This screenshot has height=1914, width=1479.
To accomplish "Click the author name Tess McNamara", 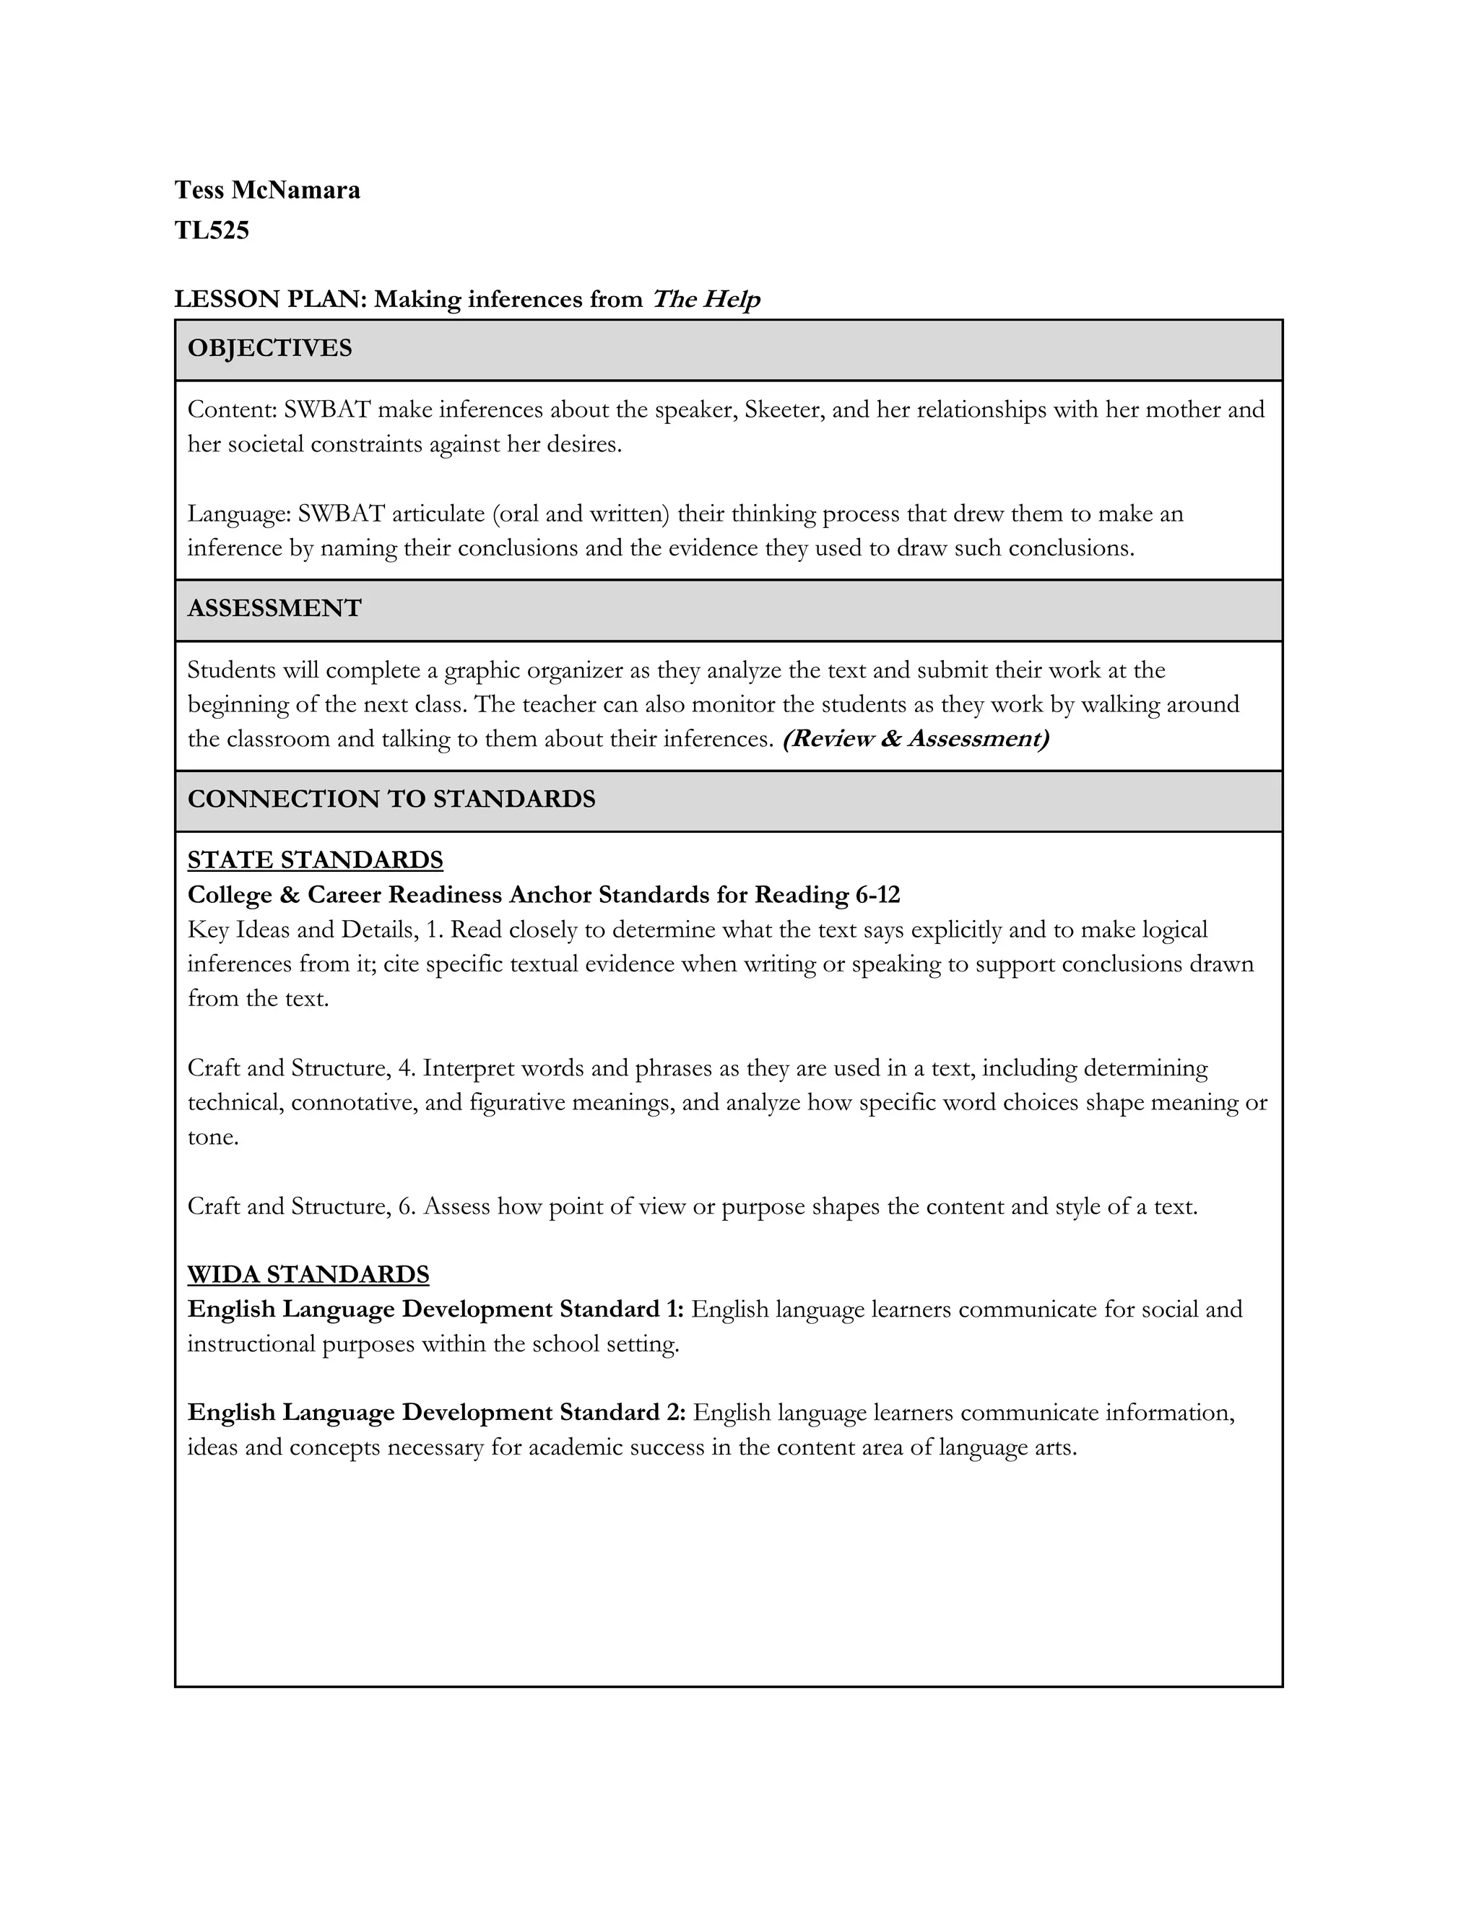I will pos(266,190).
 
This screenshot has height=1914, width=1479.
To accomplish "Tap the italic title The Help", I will pos(706,300).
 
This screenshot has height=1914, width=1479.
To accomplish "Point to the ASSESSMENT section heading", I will pos(274,608).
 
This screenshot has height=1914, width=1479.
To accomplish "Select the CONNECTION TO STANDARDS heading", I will pos(391,800).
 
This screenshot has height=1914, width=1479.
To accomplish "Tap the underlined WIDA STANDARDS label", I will pos(308,1274).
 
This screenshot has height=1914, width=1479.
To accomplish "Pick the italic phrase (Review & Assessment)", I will pos(915,739).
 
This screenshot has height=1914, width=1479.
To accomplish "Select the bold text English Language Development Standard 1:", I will pos(435,1309).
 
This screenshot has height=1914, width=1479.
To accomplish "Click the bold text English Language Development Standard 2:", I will pos(435,1413).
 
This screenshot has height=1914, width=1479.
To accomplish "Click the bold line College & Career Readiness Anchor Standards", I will pos(543,895).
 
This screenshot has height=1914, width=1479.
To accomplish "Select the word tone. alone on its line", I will pos(213,1138).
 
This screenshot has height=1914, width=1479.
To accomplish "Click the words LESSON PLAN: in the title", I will pos(270,300).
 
